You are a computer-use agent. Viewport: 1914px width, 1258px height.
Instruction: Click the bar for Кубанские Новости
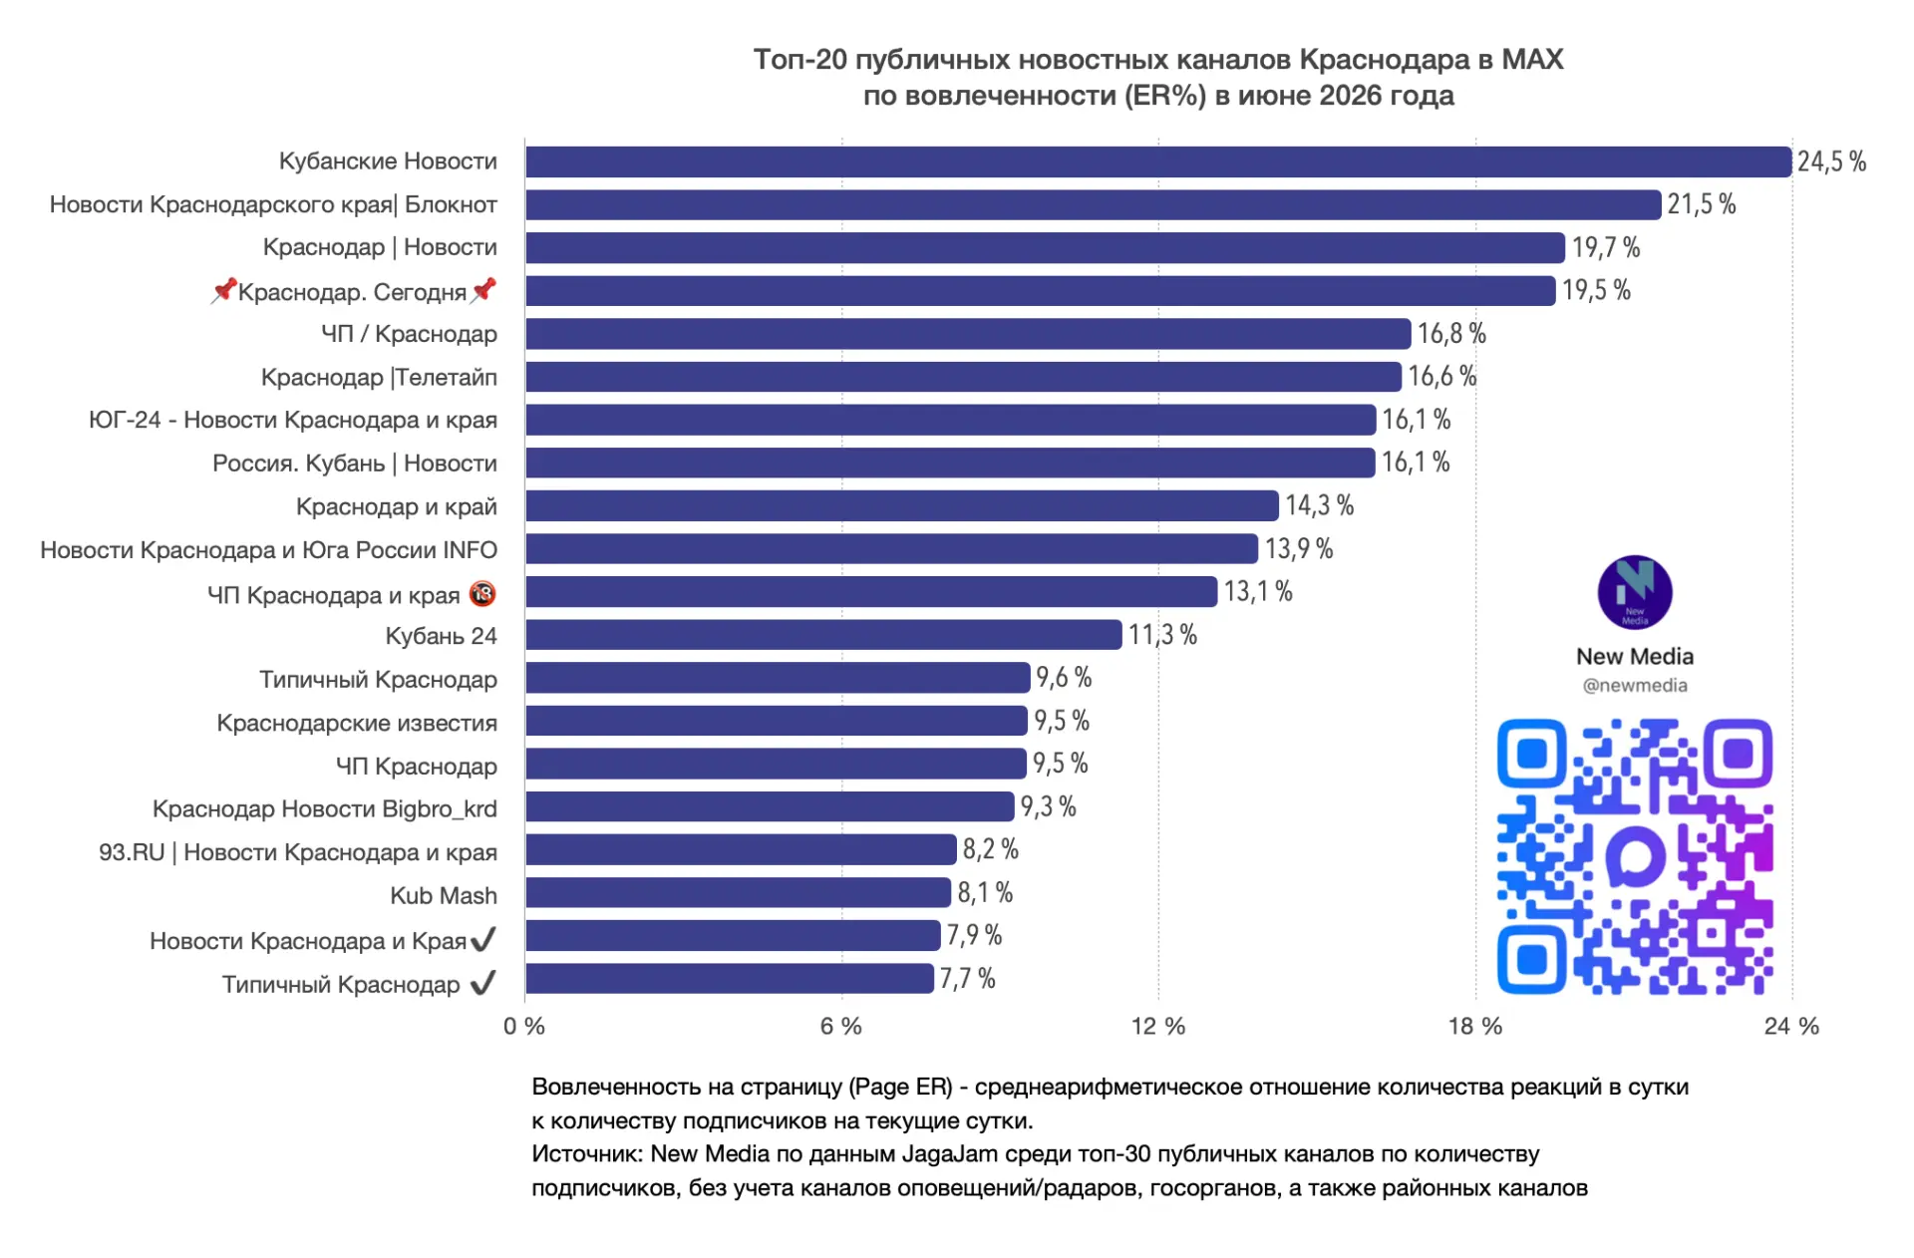point(1158,161)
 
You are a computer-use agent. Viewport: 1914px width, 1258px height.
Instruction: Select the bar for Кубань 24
point(823,635)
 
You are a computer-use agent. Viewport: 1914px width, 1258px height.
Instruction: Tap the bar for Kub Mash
point(739,892)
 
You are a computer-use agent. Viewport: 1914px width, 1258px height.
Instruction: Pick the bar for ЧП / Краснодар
point(968,334)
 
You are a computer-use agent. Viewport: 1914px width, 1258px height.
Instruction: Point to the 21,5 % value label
point(1702,204)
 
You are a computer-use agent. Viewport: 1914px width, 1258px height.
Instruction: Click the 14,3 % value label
point(1319,505)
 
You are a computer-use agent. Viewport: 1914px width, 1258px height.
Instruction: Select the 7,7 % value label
point(967,979)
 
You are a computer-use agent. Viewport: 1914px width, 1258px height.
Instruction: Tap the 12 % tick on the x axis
point(1158,1026)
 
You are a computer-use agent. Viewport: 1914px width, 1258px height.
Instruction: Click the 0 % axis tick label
point(524,1026)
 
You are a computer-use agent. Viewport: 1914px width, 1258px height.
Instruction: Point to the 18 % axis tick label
point(1475,1026)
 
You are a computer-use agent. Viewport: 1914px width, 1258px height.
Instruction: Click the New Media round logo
point(1635,592)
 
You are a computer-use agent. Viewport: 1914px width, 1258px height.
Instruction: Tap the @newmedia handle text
point(1635,686)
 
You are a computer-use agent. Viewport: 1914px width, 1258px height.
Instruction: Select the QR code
point(1635,856)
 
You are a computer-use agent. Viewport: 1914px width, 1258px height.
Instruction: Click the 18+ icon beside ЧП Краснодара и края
point(482,594)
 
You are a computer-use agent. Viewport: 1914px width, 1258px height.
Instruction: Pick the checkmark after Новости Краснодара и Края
point(483,939)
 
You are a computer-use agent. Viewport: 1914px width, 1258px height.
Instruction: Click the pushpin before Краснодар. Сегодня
point(223,290)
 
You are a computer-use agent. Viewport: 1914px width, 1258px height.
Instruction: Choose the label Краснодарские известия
point(357,723)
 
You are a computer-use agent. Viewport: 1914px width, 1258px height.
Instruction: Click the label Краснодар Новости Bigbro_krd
point(325,809)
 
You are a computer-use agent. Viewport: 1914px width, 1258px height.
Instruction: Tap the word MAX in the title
point(1532,60)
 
